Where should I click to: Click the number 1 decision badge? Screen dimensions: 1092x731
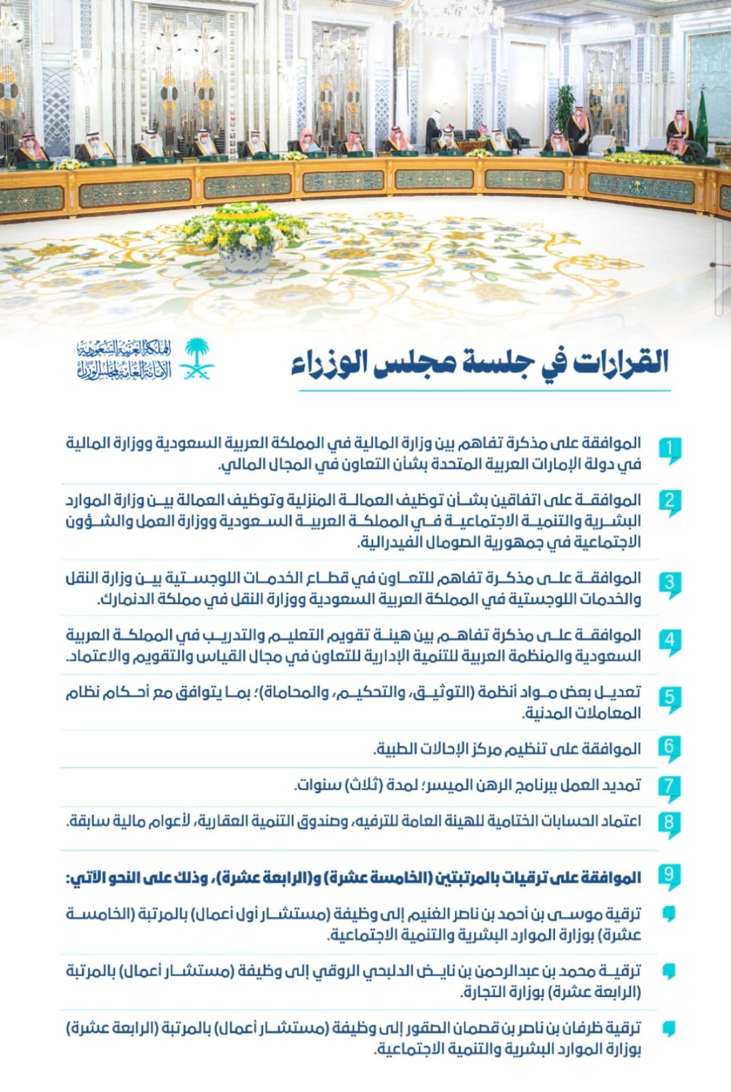pyautogui.click(x=670, y=450)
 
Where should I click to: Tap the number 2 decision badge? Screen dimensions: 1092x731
pyautogui.click(x=670, y=502)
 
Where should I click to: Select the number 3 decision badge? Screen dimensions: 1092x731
pyautogui.click(x=670, y=584)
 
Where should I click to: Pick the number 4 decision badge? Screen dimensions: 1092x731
pyautogui.click(x=670, y=641)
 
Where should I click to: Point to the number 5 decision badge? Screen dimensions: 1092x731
pyautogui.click(x=670, y=698)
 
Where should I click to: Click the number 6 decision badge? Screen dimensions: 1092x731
pyautogui.click(x=670, y=747)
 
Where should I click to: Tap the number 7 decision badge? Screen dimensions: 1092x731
pyautogui.click(x=670, y=786)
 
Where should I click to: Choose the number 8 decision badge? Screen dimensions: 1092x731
pyautogui.click(x=670, y=822)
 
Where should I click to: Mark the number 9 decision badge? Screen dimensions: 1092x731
pyautogui.click(x=670, y=876)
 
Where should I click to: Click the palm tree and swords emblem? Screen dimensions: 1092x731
pyautogui.click(x=197, y=359)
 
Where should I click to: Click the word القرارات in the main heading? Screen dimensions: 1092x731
pyautogui.click(x=621, y=362)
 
